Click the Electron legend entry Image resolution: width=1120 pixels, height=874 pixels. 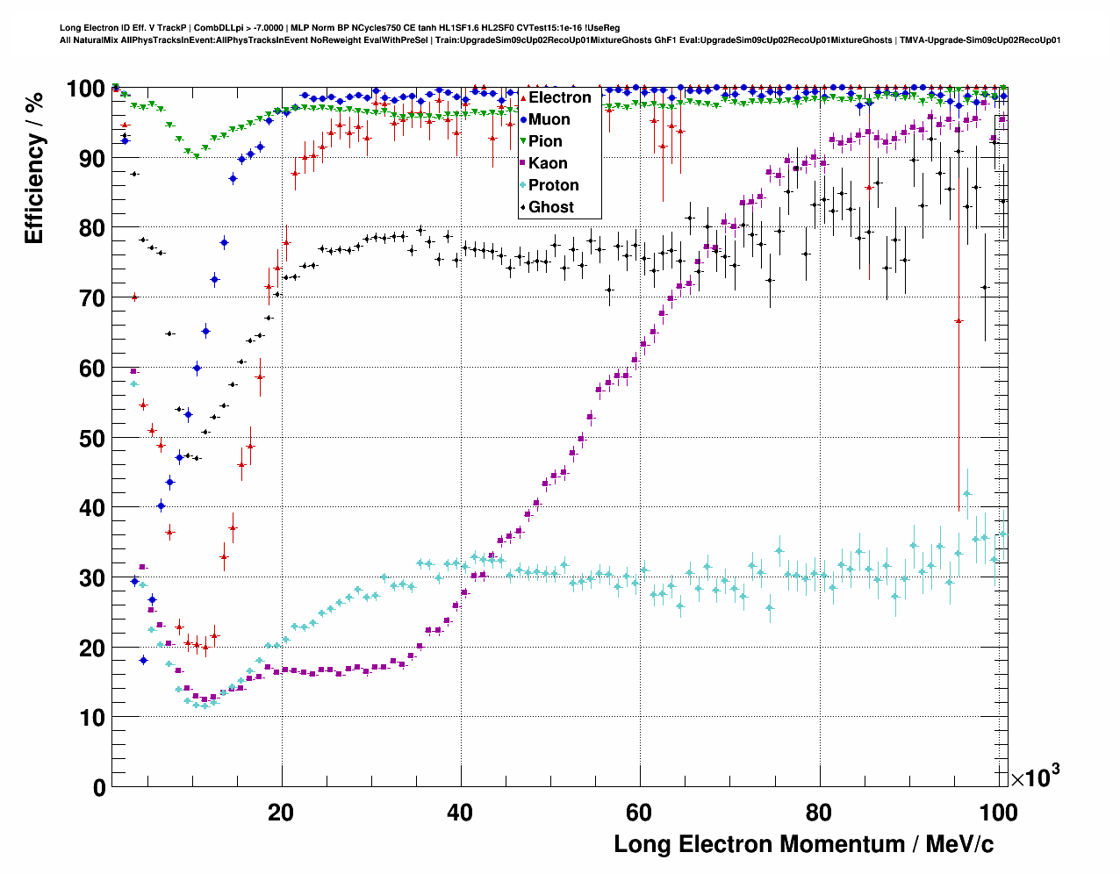[559, 97]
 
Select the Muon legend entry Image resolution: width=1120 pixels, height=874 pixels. [549, 119]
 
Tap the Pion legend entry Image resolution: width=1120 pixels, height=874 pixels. [545, 141]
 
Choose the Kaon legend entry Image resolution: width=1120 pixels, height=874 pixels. [548, 163]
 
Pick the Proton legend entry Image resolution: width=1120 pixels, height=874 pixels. [553, 185]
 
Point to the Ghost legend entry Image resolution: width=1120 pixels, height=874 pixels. [550, 207]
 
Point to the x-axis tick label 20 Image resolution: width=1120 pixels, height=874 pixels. [281, 812]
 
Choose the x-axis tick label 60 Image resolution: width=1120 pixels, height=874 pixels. [639, 812]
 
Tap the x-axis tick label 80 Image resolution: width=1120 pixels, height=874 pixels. [818, 812]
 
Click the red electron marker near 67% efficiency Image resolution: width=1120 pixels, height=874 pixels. [958, 321]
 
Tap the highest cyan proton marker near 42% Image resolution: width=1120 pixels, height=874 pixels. [967, 493]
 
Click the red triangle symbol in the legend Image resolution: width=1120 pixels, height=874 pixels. [523, 97]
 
